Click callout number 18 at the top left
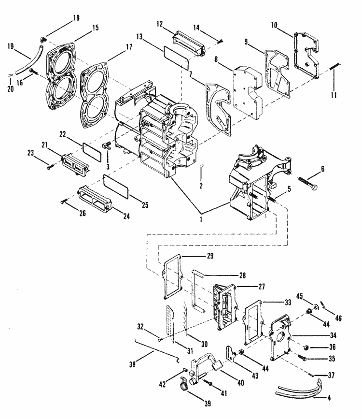click(x=76, y=17)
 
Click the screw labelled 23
click(x=50, y=167)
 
